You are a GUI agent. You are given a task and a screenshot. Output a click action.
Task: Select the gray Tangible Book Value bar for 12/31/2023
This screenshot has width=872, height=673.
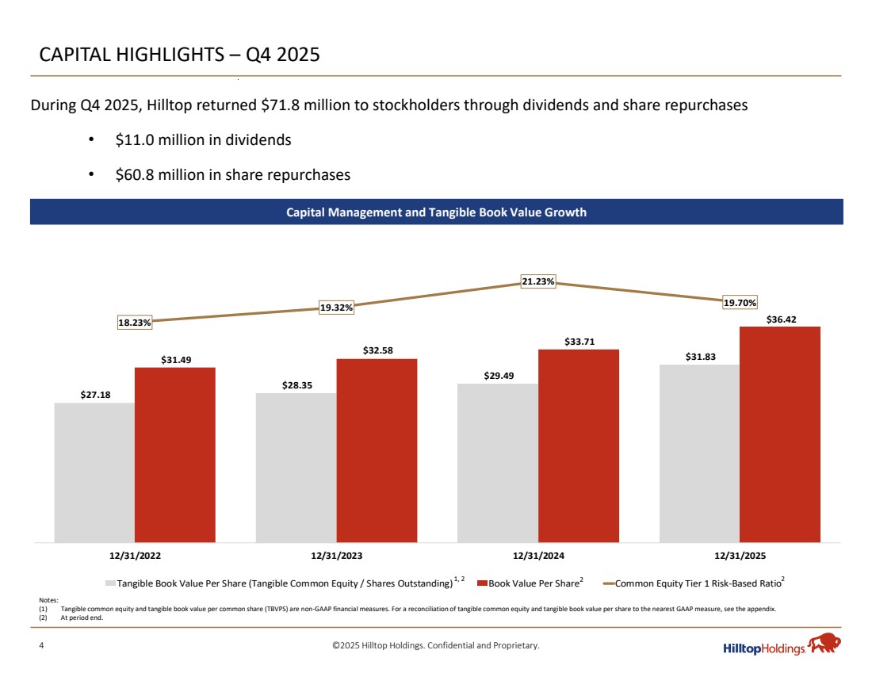[296, 468]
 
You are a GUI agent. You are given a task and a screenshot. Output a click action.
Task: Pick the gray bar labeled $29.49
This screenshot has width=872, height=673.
[497, 463]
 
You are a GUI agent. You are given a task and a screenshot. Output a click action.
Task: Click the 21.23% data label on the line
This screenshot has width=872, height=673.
[538, 281]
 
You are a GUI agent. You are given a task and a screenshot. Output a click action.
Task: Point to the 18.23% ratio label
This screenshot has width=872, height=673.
[135, 323]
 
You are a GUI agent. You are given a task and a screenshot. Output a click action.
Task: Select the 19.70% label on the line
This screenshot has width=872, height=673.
[740, 302]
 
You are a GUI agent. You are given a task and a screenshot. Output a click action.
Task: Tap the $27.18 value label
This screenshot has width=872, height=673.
[94, 394]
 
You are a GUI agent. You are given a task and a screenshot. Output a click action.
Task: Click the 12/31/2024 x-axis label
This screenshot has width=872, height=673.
[538, 556]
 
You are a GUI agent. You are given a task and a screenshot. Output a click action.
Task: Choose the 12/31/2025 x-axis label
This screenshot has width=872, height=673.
[740, 556]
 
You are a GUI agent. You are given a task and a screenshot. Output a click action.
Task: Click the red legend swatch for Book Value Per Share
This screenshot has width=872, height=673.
[481, 584]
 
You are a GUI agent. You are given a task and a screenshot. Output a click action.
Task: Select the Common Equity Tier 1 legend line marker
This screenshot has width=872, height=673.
[609, 584]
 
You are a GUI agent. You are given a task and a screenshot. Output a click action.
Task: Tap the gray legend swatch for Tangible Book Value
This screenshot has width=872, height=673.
[111, 584]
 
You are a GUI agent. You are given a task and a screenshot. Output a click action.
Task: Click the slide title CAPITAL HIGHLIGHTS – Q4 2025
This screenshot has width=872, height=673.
[180, 55]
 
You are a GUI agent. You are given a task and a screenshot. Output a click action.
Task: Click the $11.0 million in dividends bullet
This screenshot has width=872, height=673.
[203, 140]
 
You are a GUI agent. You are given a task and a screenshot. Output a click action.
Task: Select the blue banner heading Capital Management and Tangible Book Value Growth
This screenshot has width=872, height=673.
[436, 212]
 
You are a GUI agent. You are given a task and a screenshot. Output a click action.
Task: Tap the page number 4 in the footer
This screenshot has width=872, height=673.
[42, 646]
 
